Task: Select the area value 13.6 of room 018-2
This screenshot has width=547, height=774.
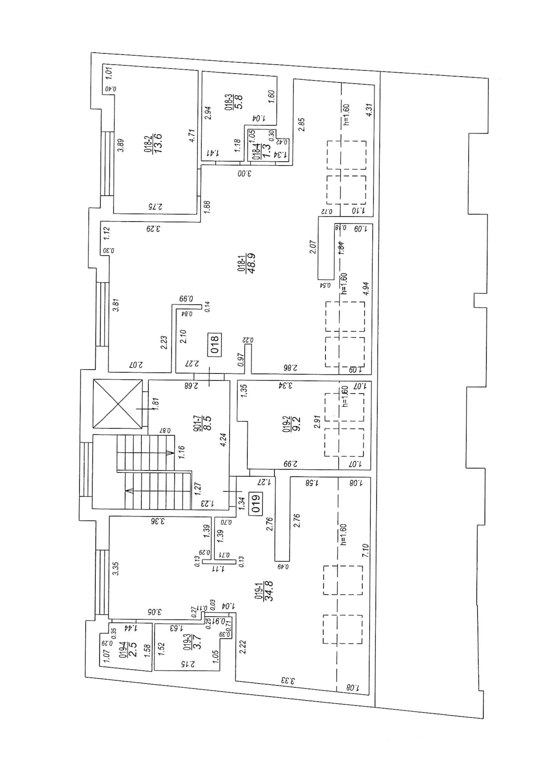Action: pyautogui.click(x=158, y=143)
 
